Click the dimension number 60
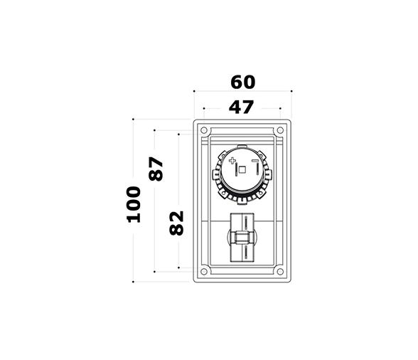point(242,82)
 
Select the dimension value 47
point(242,108)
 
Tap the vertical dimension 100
point(134,203)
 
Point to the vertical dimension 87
point(156,168)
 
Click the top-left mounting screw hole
point(204,131)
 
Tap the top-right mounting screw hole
point(281,131)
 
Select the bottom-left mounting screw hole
point(204,271)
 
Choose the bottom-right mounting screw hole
point(281,271)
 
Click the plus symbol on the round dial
point(232,162)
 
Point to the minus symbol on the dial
point(254,162)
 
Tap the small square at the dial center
point(242,170)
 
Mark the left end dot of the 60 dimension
point(194,91)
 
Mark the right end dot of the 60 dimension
point(291,91)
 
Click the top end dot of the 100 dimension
point(134,120)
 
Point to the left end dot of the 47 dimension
point(204,108)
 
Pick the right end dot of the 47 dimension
point(281,108)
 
